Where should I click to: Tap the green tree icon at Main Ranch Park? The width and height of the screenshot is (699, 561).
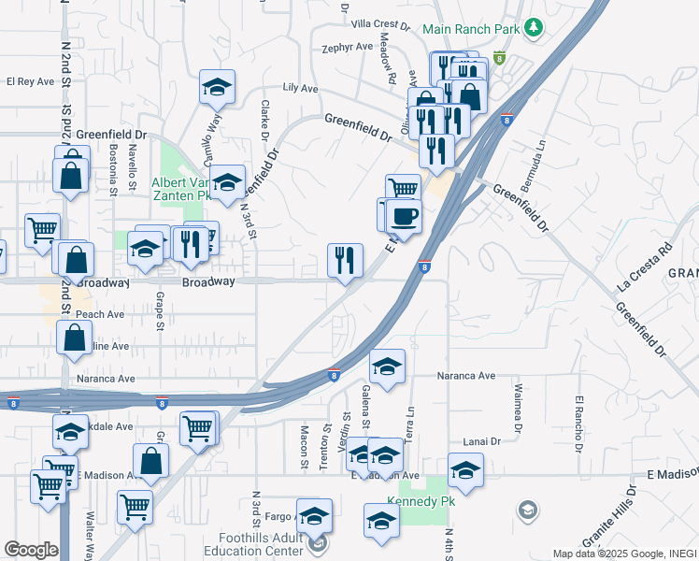point(534,28)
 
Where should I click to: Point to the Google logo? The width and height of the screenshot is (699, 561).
point(31,550)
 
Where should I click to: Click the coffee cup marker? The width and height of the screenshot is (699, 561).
point(404,217)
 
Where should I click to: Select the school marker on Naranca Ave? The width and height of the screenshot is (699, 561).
point(387,366)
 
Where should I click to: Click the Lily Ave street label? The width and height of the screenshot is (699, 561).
point(300,89)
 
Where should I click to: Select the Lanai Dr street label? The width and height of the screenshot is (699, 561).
point(482,440)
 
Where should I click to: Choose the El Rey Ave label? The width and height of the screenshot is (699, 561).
point(30,82)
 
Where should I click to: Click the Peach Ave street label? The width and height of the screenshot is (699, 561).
point(101,315)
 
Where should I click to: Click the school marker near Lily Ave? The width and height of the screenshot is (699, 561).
point(217,87)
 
